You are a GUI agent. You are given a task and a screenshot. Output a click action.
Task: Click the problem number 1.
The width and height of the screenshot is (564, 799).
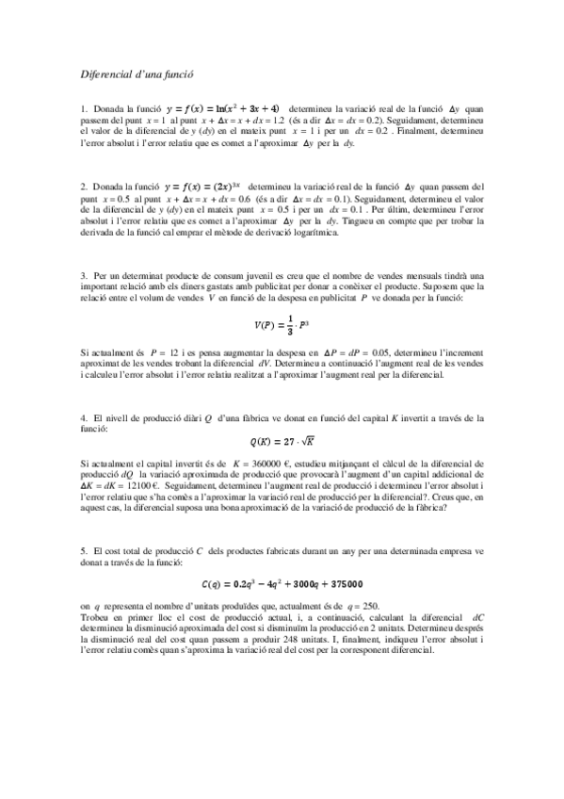84,110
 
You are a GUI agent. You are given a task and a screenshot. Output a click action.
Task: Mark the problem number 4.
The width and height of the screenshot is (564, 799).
84,416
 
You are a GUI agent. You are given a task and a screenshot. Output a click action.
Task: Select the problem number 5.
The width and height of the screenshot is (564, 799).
84,549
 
